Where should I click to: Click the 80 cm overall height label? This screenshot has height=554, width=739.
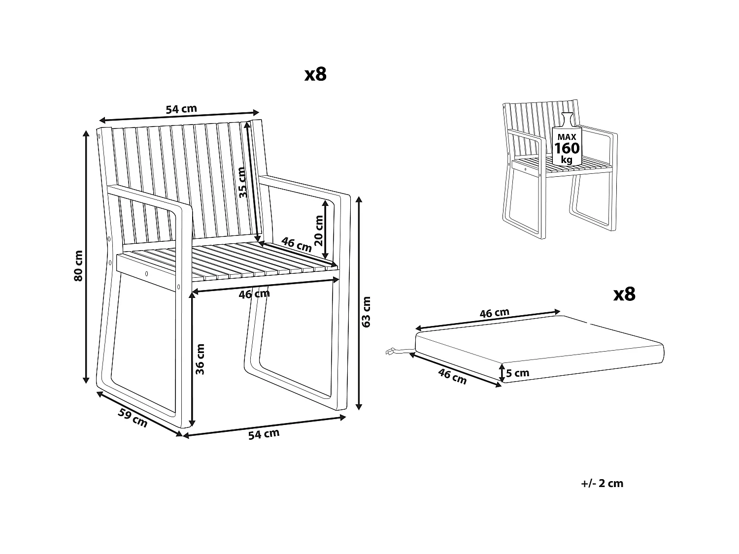[78, 265]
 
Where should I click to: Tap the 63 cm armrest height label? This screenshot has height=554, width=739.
[366, 311]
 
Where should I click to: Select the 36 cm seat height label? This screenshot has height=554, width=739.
[200, 359]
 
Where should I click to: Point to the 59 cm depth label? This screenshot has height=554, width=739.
[133, 417]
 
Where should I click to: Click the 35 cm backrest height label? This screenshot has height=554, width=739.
[241, 182]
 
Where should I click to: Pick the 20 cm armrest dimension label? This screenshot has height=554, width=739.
[319, 230]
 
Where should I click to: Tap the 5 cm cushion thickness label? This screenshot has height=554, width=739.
[517, 373]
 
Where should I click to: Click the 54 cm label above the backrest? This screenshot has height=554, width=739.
[181, 109]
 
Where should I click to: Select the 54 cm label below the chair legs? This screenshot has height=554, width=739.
[264, 434]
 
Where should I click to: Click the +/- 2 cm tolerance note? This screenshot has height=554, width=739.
[602, 483]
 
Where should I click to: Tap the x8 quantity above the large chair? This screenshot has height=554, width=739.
[315, 74]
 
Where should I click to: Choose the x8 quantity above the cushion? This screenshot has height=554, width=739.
[624, 294]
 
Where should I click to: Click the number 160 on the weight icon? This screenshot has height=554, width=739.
[567, 148]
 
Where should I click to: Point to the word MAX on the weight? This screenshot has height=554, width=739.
[567, 136]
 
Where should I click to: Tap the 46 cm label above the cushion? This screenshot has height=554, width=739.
[494, 313]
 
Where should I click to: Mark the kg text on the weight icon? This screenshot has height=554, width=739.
[567, 160]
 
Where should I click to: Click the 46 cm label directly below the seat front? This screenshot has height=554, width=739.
[254, 294]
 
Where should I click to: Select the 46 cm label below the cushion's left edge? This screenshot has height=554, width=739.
[452, 376]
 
